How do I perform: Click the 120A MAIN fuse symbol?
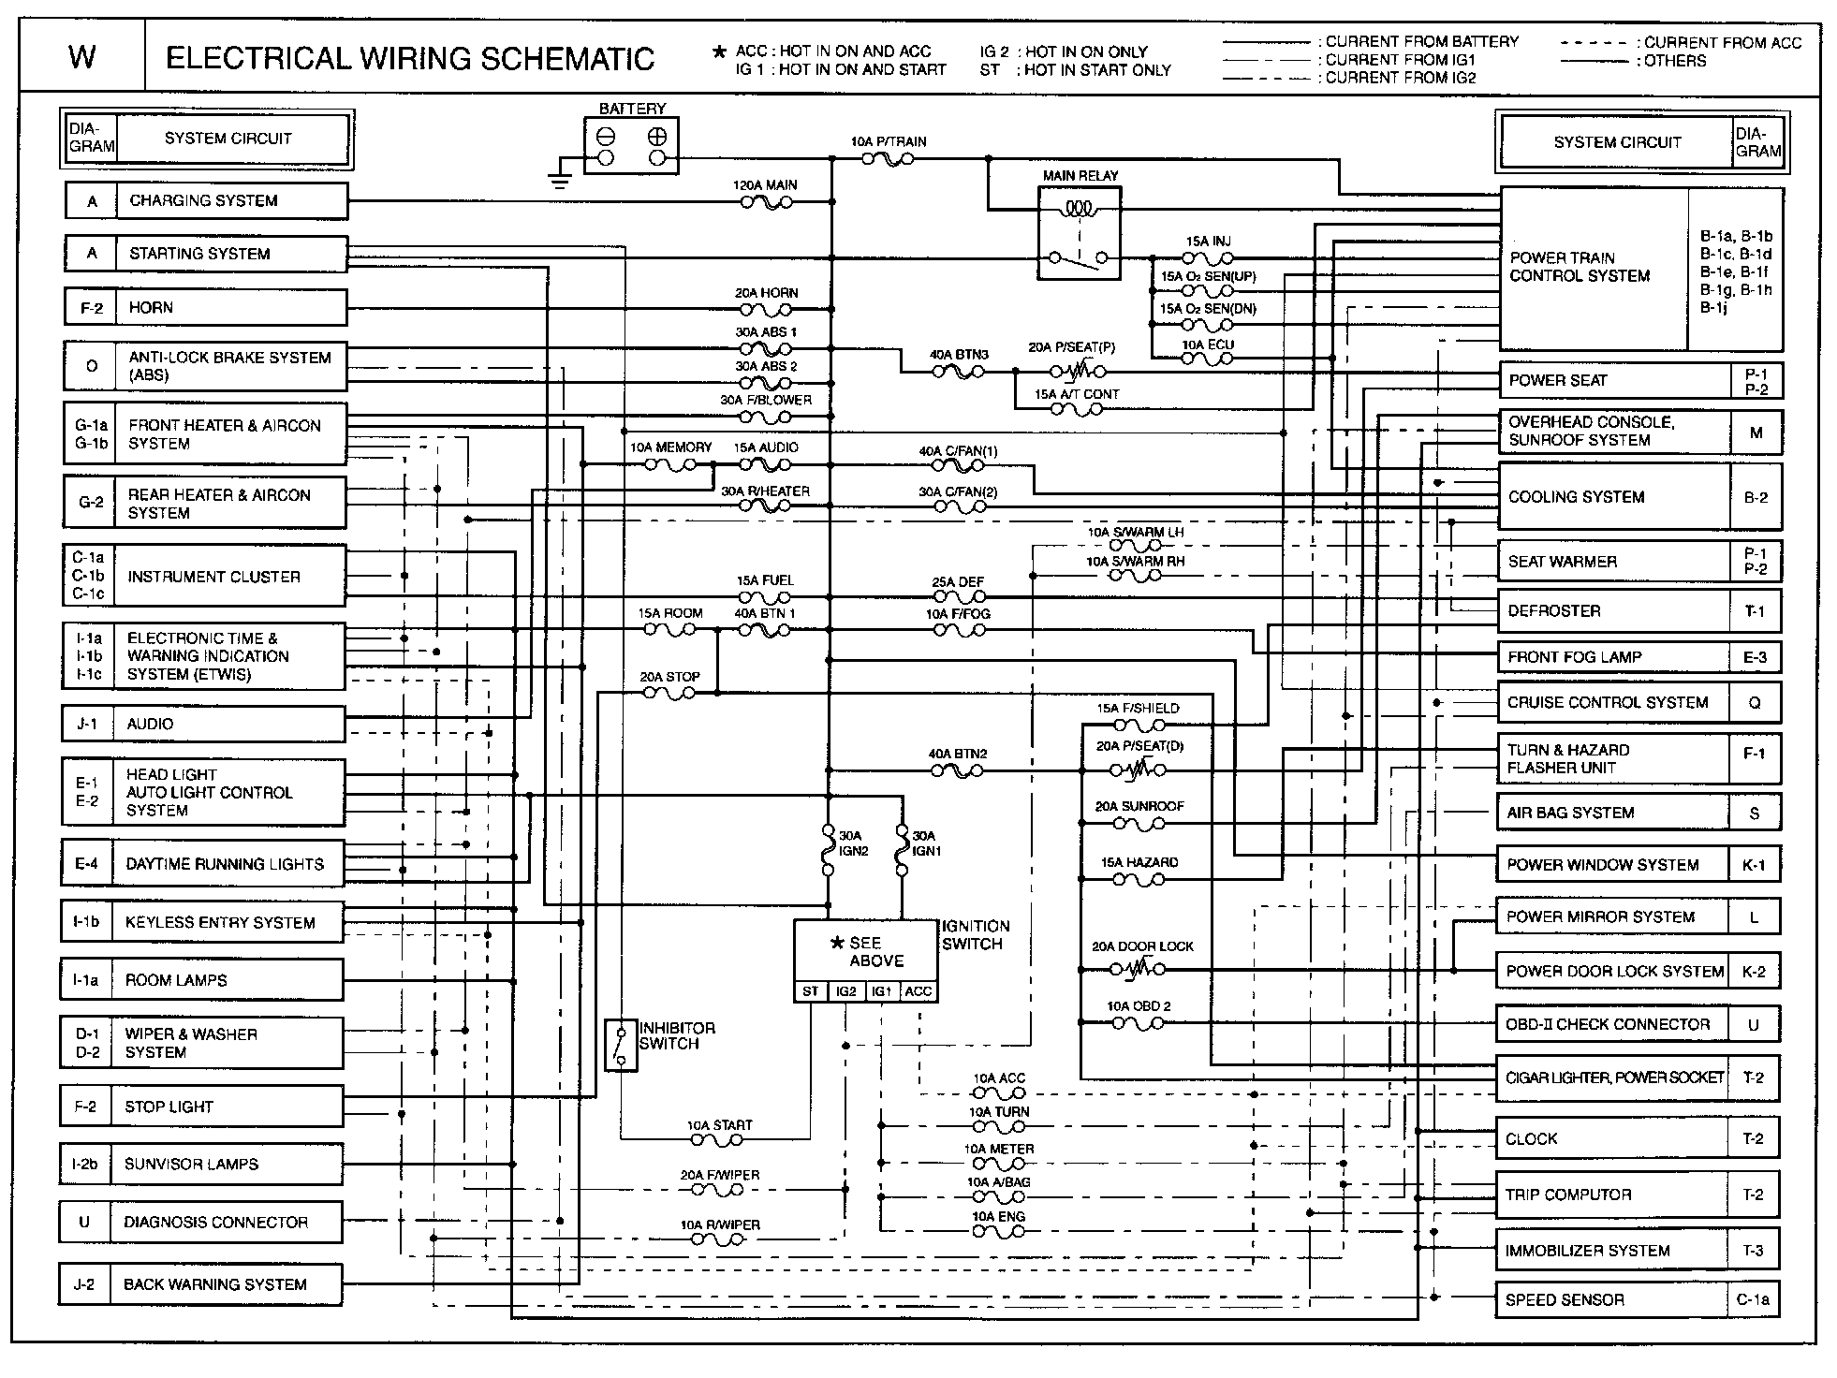tap(766, 201)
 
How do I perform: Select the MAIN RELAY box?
tap(1080, 233)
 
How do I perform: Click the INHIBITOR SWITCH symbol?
tap(620, 1044)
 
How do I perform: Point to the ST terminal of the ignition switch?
tap(811, 991)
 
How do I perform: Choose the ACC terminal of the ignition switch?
tap(918, 991)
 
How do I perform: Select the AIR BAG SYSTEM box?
tap(1612, 813)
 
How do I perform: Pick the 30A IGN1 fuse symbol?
tap(903, 849)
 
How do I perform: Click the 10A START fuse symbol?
tap(716, 1139)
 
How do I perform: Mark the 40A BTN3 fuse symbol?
tap(958, 372)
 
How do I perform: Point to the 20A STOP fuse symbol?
tap(669, 693)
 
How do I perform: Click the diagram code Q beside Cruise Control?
tap(1754, 702)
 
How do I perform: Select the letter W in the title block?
tap(82, 58)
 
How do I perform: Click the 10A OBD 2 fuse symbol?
tap(1138, 1023)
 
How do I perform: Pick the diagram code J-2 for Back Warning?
tap(84, 1284)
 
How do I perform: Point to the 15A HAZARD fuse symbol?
tap(1138, 879)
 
